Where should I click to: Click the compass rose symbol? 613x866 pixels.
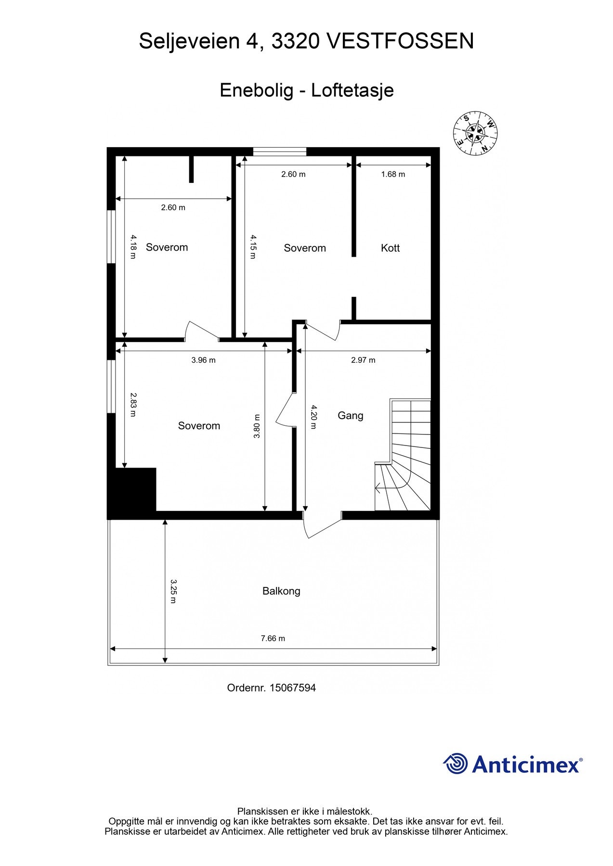pyautogui.click(x=475, y=134)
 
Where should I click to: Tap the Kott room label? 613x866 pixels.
pyautogui.click(x=390, y=248)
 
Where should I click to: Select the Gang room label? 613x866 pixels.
pyautogui.click(x=350, y=416)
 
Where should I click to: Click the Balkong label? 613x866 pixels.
pyautogui.click(x=281, y=591)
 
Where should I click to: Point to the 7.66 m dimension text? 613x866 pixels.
pyautogui.click(x=273, y=638)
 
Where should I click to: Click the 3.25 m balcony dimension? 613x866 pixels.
pyautogui.click(x=173, y=591)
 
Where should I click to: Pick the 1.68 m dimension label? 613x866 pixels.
pyautogui.click(x=393, y=174)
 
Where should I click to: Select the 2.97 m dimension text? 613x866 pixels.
pyautogui.click(x=363, y=360)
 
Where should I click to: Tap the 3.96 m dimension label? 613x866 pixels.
pyautogui.click(x=203, y=360)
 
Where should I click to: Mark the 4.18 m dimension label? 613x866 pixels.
pyautogui.click(x=133, y=246)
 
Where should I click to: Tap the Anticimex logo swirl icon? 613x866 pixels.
pyautogui.click(x=456, y=764)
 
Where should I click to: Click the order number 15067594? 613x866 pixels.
pyautogui.click(x=293, y=688)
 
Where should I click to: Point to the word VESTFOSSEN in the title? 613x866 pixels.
pyautogui.click(x=400, y=41)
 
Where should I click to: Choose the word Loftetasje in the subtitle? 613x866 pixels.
pyautogui.click(x=352, y=90)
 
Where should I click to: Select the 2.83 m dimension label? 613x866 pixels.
pyautogui.click(x=133, y=405)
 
